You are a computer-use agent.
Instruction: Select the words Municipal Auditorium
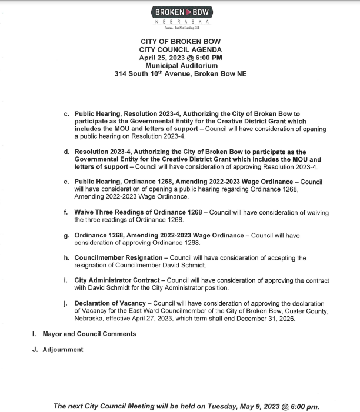181,66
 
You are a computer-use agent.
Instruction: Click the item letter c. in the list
67,113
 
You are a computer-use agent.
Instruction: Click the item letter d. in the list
67,152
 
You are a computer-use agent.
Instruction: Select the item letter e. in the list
67,182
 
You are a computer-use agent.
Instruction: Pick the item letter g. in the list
67,235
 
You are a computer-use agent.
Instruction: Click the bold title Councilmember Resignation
118,258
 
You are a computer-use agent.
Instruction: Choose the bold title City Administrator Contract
116,280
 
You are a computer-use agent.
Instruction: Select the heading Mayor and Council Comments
89,334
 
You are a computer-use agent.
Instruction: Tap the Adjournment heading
63,350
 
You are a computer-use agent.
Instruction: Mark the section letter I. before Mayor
34,334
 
